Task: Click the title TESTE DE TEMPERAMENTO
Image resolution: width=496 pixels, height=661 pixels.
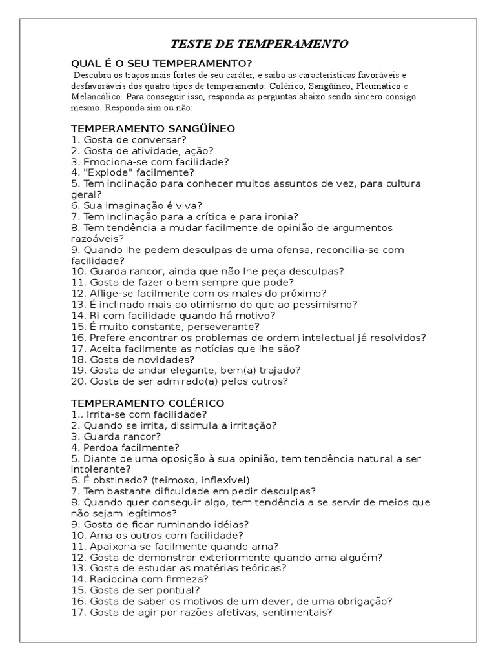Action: [259, 44]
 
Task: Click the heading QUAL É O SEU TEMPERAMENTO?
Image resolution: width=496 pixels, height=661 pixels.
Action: [161, 63]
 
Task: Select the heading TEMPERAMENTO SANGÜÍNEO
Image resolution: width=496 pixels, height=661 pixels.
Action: [152, 128]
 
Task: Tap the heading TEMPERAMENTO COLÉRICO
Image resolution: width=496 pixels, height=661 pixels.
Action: [148, 403]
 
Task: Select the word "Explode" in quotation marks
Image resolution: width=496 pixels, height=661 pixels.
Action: [108, 172]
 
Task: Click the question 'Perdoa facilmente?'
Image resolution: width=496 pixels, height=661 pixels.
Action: [125, 447]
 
